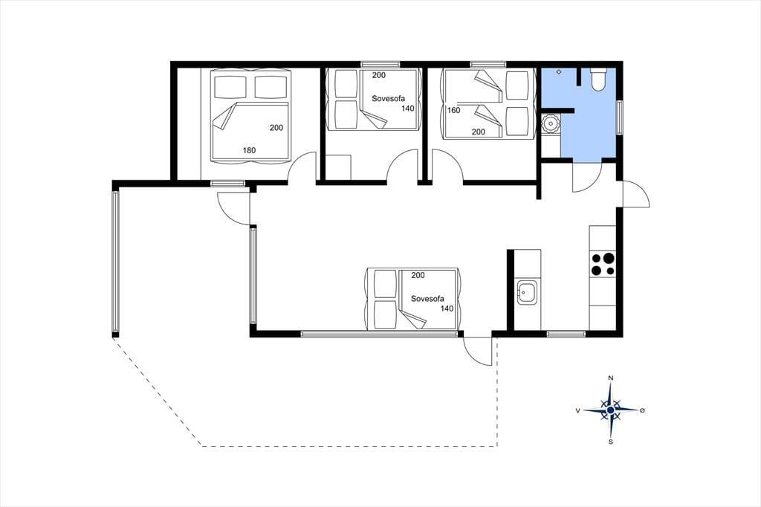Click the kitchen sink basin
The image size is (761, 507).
(x=527, y=292)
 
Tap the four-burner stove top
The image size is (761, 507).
(x=602, y=265)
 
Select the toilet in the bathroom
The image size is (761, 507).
(x=598, y=79)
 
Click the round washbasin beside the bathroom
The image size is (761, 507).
(x=551, y=124)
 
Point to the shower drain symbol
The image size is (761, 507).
(x=559, y=72)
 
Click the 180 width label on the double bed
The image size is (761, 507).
(x=249, y=150)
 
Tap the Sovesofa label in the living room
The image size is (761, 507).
(x=427, y=299)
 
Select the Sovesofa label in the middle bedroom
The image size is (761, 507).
(x=388, y=98)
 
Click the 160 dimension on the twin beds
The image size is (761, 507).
(x=453, y=110)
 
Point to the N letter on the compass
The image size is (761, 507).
(x=611, y=378)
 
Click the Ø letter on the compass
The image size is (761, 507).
(x=642, y=410)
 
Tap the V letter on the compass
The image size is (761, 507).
(x=577, y=410)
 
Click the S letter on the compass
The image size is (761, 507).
(x=611, y=442)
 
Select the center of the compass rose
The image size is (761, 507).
(x=611, y=410)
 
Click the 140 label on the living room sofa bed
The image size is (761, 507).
(x=447, y=309)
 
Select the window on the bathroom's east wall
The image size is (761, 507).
(x=620, y=117)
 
